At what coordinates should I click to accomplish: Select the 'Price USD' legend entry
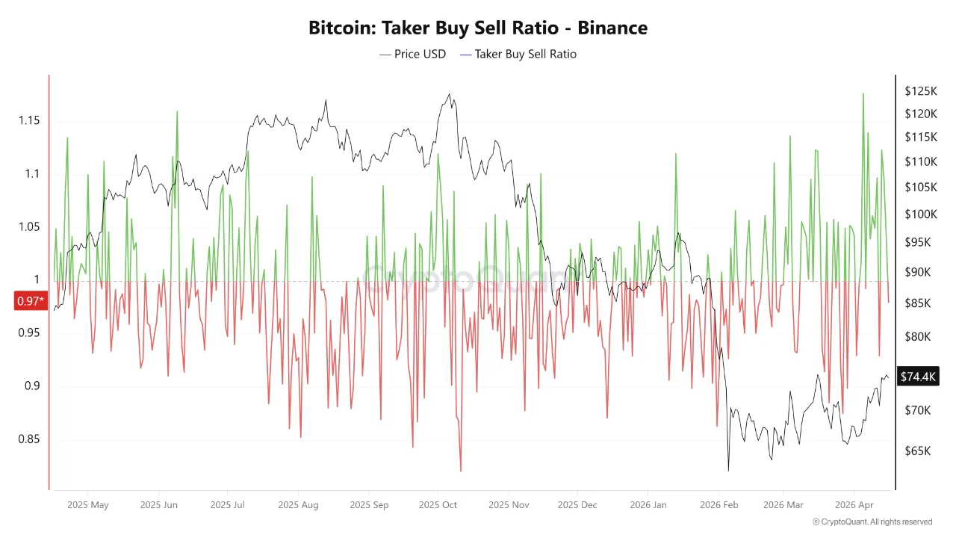tap(412, 54)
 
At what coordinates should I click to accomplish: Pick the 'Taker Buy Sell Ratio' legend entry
tap(518, 54)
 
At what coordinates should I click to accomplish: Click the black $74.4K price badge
tap(918, 377)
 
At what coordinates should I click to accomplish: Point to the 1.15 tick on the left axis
tap(31, 121)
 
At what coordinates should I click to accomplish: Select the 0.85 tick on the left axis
tap(31, 439)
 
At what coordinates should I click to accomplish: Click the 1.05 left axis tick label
tap(31, 227)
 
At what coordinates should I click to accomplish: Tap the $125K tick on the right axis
tap(920, 91)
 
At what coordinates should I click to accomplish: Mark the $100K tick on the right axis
tap(920, 214)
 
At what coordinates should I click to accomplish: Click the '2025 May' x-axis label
tap(87, 505)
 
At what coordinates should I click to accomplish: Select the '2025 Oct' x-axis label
tap(438, 505)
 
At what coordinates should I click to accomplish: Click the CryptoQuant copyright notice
tap(872, 522)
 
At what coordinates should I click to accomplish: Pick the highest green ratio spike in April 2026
tap(863, 93)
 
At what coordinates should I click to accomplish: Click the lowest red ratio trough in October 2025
tap(461, 471)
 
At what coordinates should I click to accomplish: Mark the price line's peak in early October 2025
tap(449, 94)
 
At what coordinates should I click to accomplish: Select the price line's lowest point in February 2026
tap(728, 471)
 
